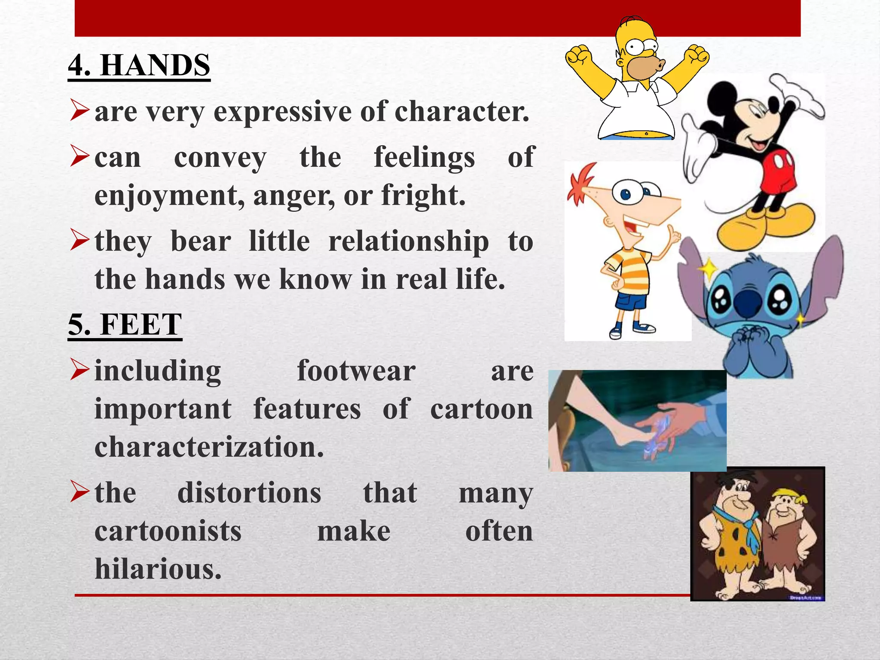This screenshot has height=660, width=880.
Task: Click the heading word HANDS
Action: point(155,65)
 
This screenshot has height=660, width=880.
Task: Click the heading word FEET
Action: point(141,324)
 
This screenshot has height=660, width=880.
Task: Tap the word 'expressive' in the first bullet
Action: point(284,112)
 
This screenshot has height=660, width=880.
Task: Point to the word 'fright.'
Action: point(423,196)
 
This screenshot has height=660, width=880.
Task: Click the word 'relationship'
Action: point(408,241)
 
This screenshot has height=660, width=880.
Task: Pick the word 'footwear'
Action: point(356,371)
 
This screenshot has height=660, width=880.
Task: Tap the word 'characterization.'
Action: point(209,447)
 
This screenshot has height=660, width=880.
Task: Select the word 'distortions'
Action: point(249,493)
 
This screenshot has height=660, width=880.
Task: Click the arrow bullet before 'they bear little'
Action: point(79,241)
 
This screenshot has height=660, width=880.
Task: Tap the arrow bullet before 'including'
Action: point(79,370)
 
